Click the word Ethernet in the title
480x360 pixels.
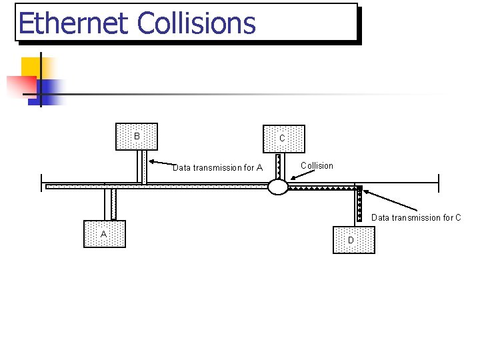73,23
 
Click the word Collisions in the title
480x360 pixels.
196,23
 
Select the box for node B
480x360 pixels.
137,137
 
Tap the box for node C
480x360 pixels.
283,139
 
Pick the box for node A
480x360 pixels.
104,234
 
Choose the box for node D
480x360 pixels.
353,240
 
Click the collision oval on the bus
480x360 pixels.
278,187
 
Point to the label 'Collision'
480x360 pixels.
317,166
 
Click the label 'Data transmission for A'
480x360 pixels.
217,168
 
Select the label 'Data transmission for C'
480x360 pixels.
416,217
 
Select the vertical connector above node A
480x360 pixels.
110,204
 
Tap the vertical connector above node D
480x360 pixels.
358,206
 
